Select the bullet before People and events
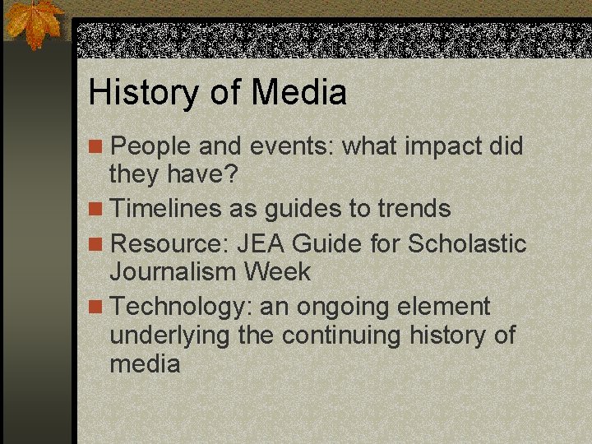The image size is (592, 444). (97, 147)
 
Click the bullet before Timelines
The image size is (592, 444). (97, 210)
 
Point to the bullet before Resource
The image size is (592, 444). (97, 244)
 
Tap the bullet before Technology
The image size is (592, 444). (97, 308)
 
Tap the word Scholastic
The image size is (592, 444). (467, 243)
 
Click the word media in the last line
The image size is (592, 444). (145, 363)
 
